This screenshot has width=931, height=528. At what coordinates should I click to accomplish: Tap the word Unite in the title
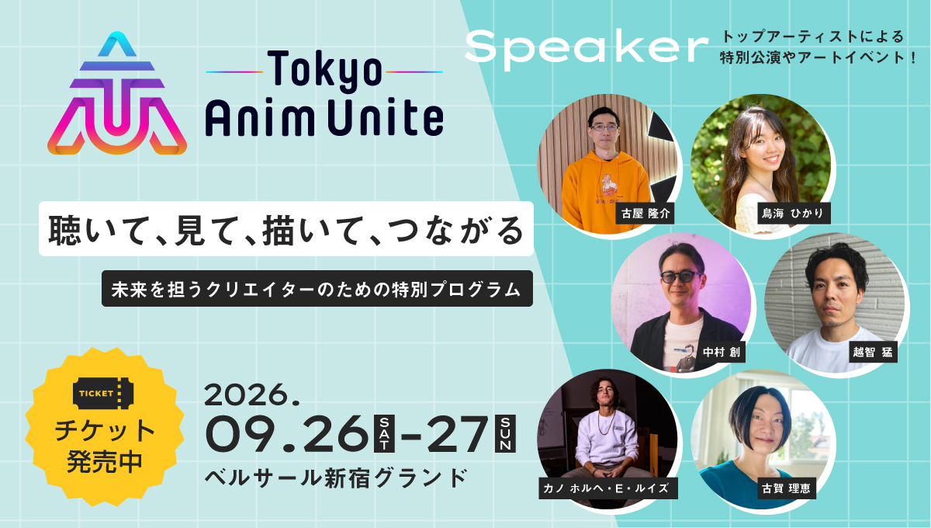pyautogui.click(x=386, y=117)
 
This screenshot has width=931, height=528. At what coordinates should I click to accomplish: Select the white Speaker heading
pyautogui.click(x=586, y=49)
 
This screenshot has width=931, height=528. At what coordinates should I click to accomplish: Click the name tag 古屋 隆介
pyautogui.click(x=645, y=214)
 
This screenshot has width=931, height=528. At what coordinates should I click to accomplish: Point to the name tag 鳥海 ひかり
pyautogui.click(x=794, y=214)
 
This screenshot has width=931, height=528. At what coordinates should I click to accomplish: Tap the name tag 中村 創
pyautogui.click(x=722, y=352)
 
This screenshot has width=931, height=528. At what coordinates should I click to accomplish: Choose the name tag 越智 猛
pyautogui.click(x=873, y=352)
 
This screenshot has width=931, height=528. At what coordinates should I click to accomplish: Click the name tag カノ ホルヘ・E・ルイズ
pyautogui.click(x=608, y=488)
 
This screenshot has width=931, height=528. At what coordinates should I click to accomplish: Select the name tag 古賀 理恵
pyautogui.click(x=786, y=488)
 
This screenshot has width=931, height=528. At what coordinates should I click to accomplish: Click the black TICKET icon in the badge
pyautogui.click(x=103, y=393)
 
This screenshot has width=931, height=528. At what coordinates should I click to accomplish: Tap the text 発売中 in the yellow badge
pyautogui.click(x=104, y=461)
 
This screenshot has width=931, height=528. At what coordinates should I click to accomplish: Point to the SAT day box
pyautogui.click(x=385, y=433)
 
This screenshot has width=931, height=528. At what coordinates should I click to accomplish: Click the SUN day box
pyautogui.click(x=505, y=433)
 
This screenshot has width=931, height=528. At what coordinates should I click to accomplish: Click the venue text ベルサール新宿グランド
pyautogui.click(x=336, y=478)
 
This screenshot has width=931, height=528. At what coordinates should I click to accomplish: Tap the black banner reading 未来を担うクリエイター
pyautogui.click(x=317, y=289)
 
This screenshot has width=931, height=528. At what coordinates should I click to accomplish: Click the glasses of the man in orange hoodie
pyautogui.click(x=604, y=128)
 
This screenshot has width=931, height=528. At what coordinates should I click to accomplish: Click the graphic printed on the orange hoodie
pyautogui.click(x=608, y=186)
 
